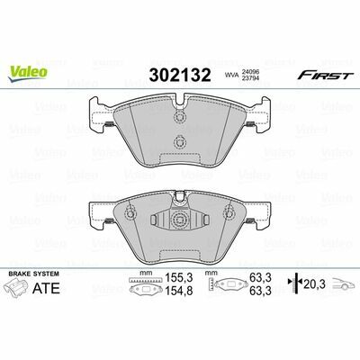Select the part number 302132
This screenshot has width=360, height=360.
tap(180, 75)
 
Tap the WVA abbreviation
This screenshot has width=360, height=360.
tap(231, 76)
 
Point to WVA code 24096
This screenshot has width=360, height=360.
tap(250, 72)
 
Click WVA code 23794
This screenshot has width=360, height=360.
tap(250, 78)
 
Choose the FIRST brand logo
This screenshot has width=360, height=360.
tap(324, 75)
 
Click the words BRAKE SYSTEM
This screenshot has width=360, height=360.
tap(33, 274)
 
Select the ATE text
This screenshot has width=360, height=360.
tap(46, 288)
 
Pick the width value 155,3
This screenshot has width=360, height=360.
tap(178, 278)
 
